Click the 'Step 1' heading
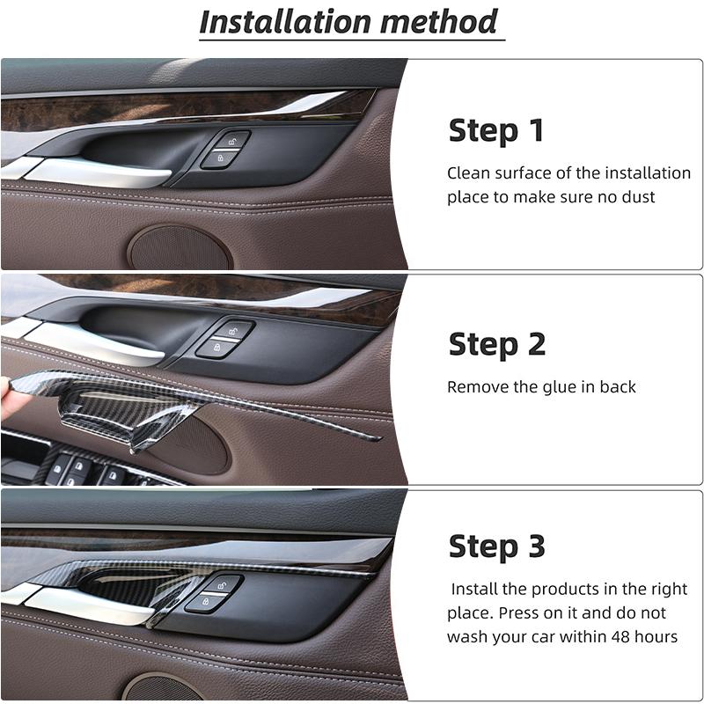[496, 130]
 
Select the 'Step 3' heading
[497, 546]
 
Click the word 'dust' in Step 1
[663, 197]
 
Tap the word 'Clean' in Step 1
[467, 173]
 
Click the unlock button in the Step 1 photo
[231, 141]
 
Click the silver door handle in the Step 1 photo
[88, 172]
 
